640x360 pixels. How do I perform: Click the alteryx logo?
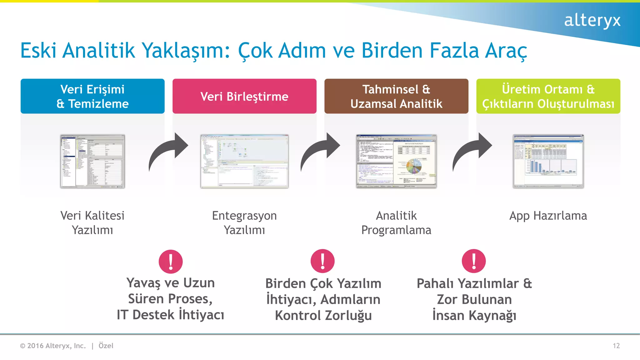click(x=592, y=21)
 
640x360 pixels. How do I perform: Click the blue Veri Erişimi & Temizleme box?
click(x=92, y=96)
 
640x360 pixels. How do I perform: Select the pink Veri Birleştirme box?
click(x=244, y=96)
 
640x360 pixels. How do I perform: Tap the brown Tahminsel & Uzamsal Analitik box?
click(x=396, y=96)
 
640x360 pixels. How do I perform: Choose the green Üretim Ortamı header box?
click(x=548, y=96)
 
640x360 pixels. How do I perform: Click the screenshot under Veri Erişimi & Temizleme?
click(x=92, y=161)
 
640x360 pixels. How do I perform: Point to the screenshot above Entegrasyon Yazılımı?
click(x=244, y=161)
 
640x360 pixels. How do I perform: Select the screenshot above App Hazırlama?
click(x=548, y=161)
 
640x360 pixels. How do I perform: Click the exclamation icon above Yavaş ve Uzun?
click(x=171, y=262)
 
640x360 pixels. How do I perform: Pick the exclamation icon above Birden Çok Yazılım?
click(x=322, y=261)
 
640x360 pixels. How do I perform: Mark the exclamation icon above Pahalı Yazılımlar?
click(x=474, y=261)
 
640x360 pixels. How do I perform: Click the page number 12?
click(x=616, y=346)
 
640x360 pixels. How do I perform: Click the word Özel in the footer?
click(x=106, y=346)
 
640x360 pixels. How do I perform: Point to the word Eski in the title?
click(x=38, y=51)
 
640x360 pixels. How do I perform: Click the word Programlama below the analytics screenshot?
click(x=396, y=230)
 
